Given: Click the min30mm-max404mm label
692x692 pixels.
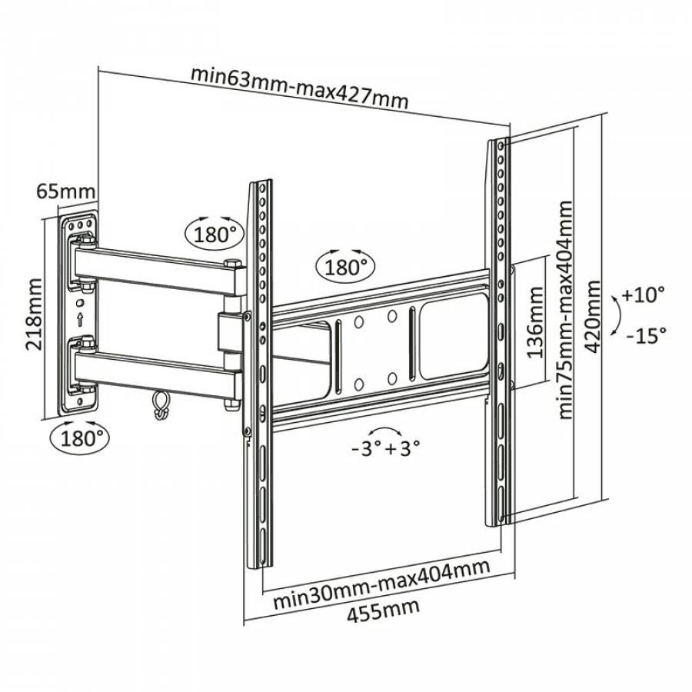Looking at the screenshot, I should (382, 583).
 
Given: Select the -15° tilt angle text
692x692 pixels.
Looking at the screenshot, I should (644, 335).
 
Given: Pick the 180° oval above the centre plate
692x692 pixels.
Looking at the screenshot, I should (343, 267).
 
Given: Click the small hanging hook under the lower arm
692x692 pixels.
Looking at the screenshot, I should (161, 404).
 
